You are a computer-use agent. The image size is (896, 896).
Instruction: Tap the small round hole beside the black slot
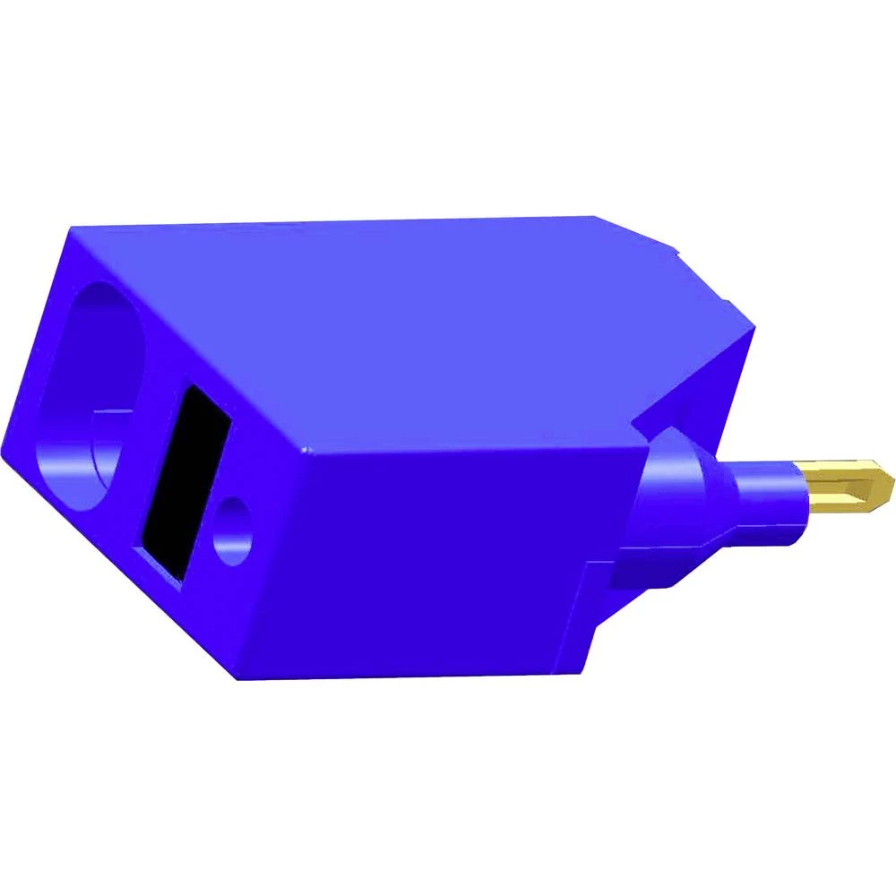click(234, 528)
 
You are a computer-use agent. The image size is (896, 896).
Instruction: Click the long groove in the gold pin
click(847, 488)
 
